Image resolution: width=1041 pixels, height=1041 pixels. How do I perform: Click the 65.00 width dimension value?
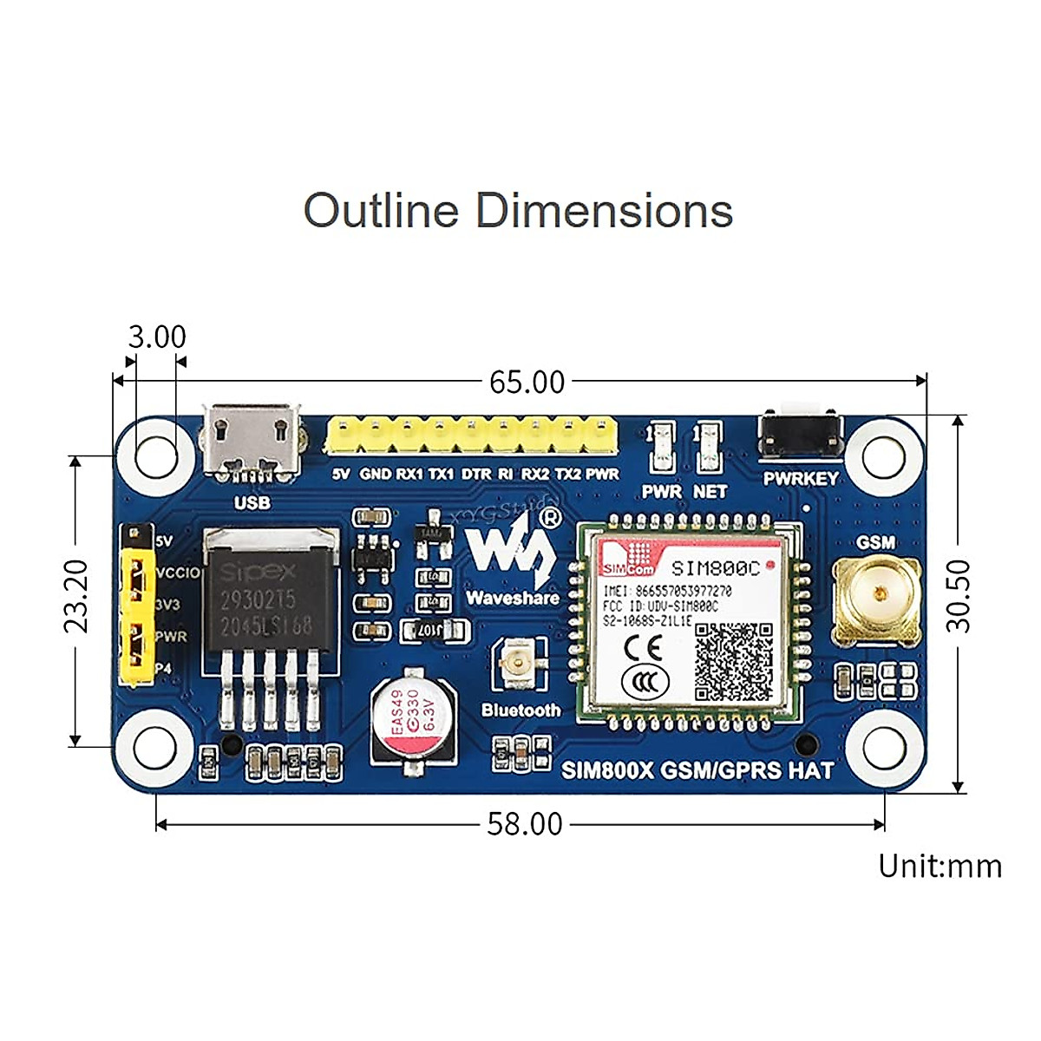point(527,382)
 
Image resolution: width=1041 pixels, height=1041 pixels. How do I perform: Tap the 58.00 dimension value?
point(524,824)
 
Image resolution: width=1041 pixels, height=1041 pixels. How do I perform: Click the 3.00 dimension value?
point(157,337)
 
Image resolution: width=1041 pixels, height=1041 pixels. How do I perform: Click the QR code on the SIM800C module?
point(734,661)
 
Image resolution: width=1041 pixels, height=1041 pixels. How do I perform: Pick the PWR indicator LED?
point(662,445)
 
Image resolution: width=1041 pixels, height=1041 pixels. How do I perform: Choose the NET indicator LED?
point(710,445)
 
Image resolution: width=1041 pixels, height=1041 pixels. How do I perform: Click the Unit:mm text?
point(940,866)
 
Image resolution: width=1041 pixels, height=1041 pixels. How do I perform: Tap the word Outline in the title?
point(380,211)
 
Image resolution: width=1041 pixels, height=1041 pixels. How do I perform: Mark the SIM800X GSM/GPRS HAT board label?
point(697,769)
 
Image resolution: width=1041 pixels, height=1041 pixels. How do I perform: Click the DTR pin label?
point(475,474)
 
